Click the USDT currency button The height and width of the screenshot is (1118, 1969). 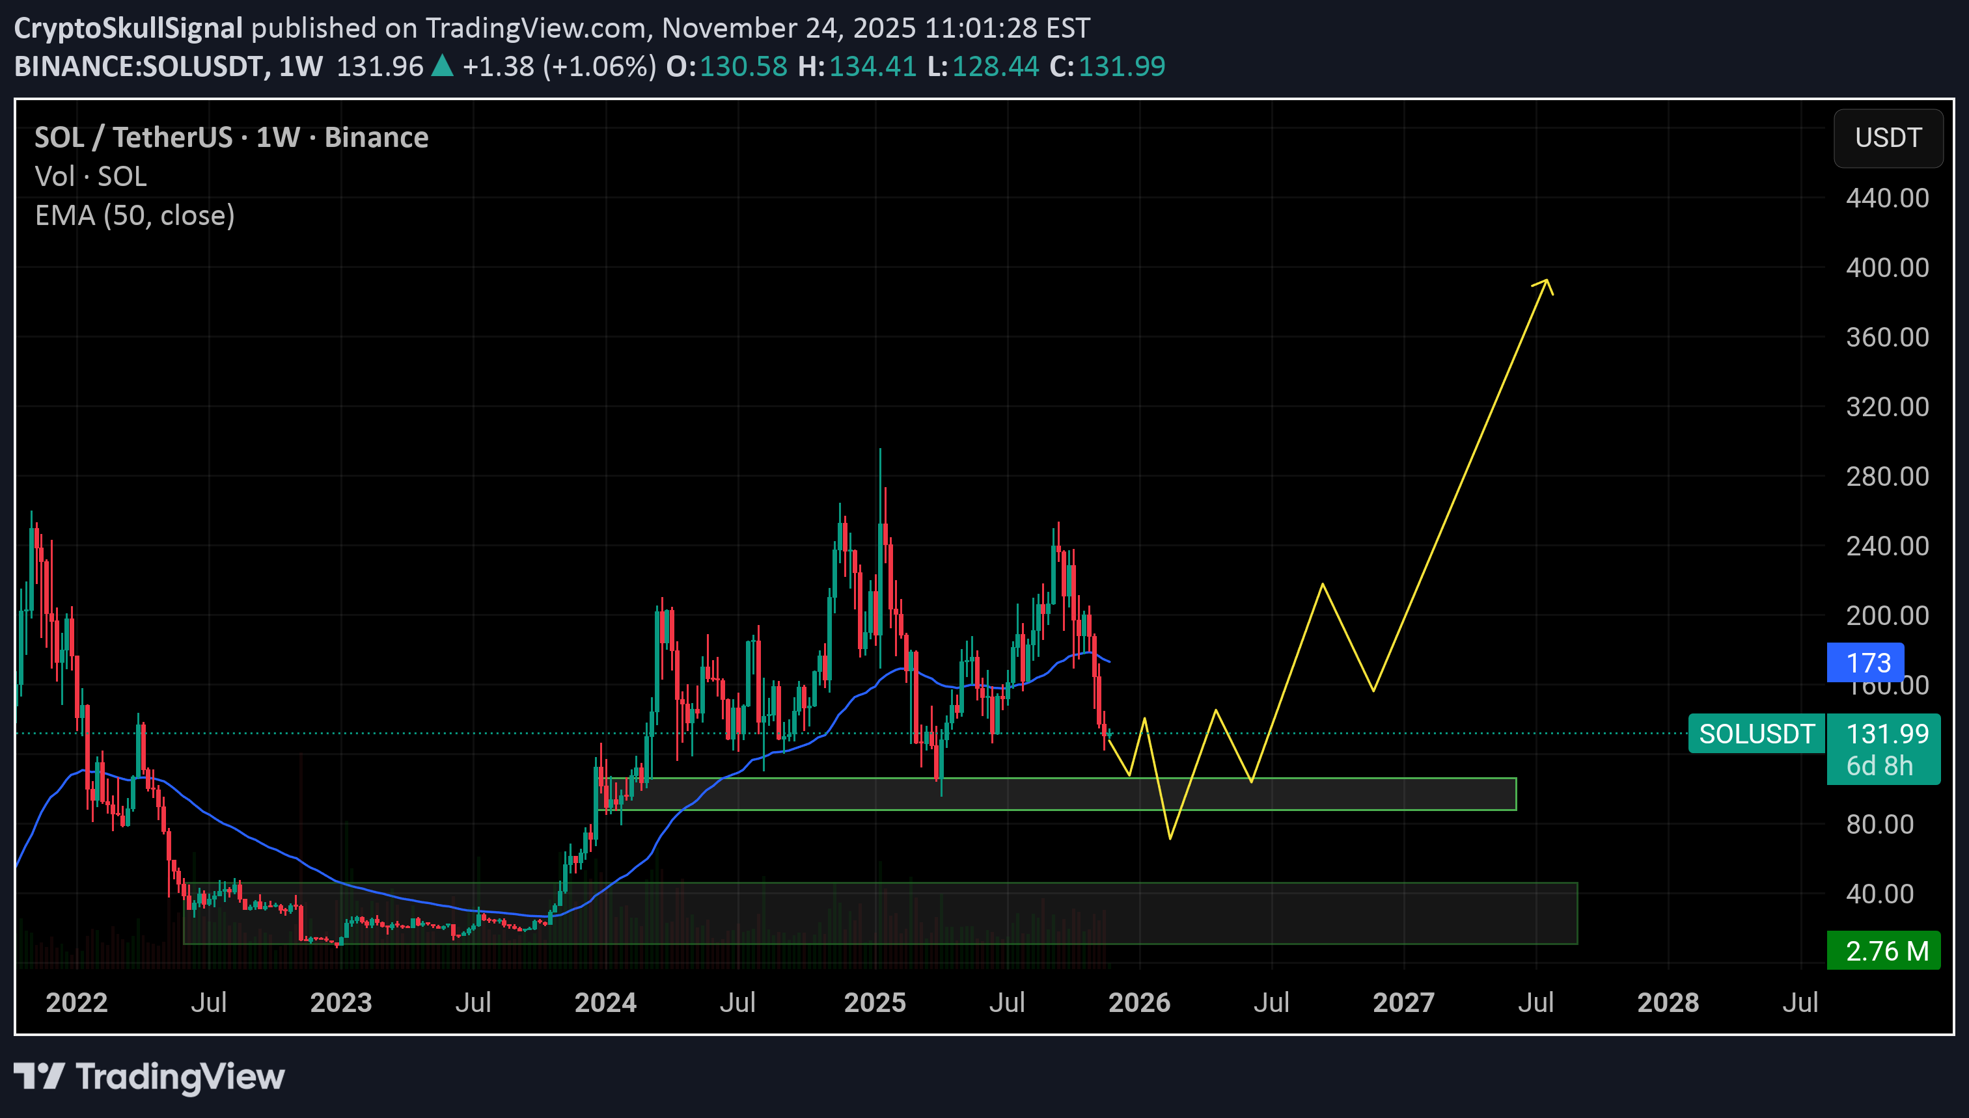pos(1888,139)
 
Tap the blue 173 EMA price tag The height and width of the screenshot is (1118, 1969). pos(1867,663)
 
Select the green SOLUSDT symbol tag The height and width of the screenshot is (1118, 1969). pos(1756,734)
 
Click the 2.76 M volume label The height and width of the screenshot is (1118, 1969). pos(1886,952)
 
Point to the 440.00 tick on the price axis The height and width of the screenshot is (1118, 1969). pos(1887,199)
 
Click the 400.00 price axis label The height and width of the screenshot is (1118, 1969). pos(1887,268)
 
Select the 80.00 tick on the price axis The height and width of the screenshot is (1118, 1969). pos(1879,825)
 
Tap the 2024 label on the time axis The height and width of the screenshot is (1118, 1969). pos(605,1003)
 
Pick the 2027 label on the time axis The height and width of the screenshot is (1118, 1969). pos(1403,1003)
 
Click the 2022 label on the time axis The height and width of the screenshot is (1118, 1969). pos(76,1003)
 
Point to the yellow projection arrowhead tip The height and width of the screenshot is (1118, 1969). pos(1546,280)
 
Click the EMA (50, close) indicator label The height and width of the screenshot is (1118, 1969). pos(135,216)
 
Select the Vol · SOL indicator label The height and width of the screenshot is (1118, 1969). pos(90,177)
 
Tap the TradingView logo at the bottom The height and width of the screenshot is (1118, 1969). pos(149,1076)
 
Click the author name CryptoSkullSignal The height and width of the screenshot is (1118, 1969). pos(128,29)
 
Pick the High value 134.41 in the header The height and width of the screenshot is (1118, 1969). pos(872,67)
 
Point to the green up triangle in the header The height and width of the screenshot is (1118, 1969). pos(442,66)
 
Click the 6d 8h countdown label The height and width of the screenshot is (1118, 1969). pos(1879,766)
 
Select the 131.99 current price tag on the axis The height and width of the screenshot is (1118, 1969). pos(1887,734)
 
